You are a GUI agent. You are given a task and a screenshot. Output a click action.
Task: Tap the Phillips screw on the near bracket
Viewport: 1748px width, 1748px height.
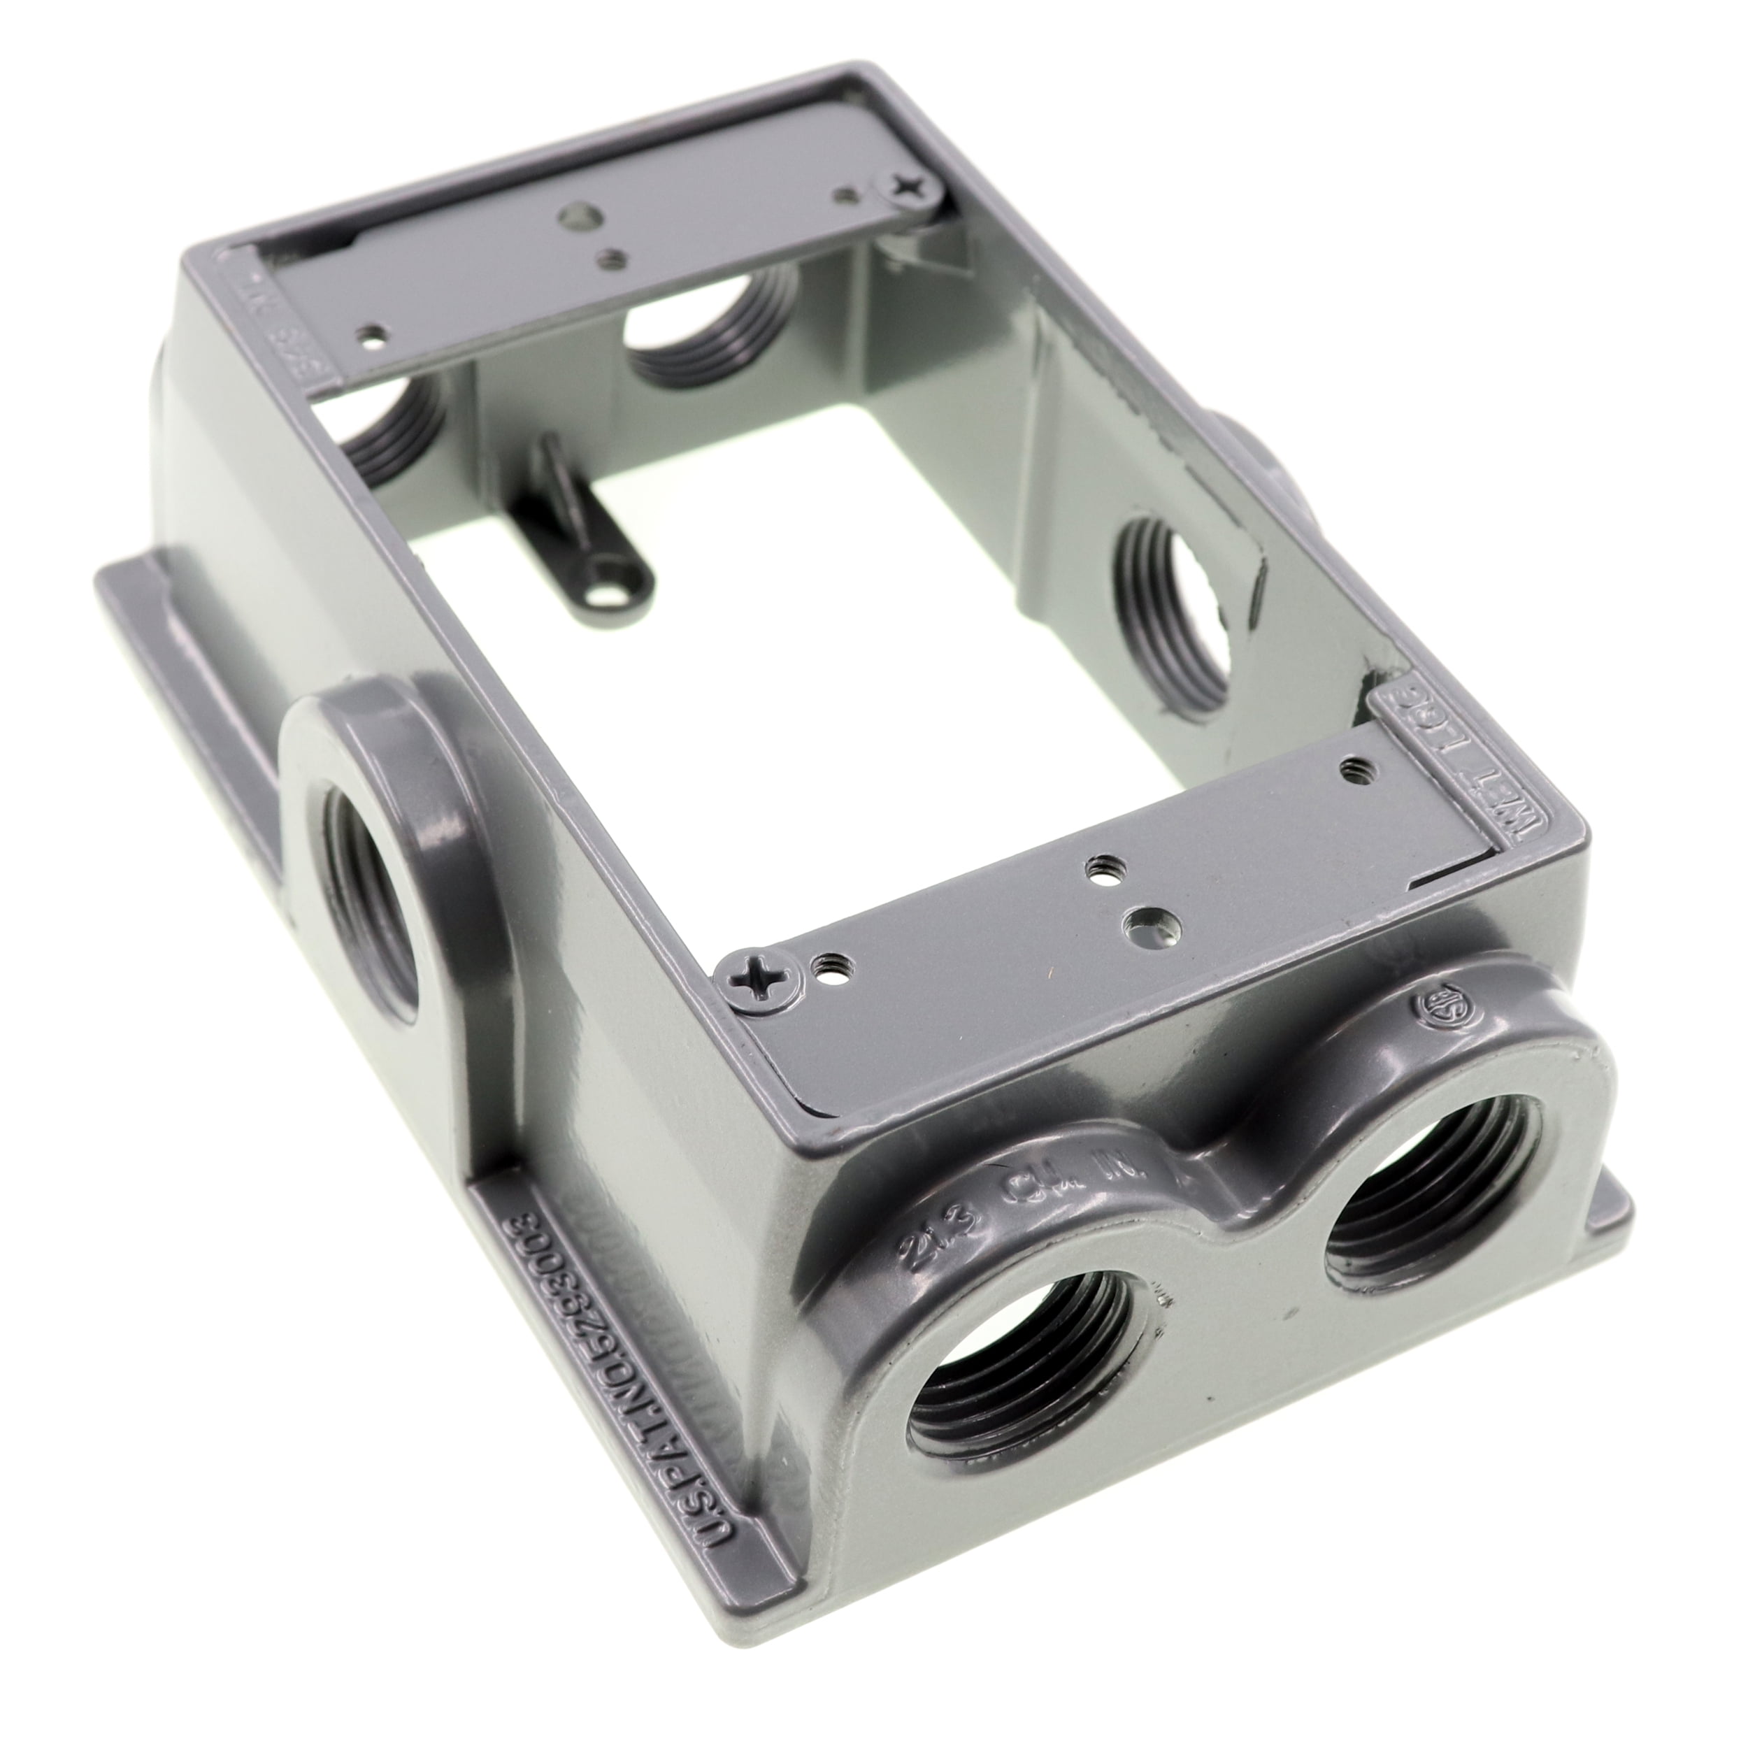click(750, 975)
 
